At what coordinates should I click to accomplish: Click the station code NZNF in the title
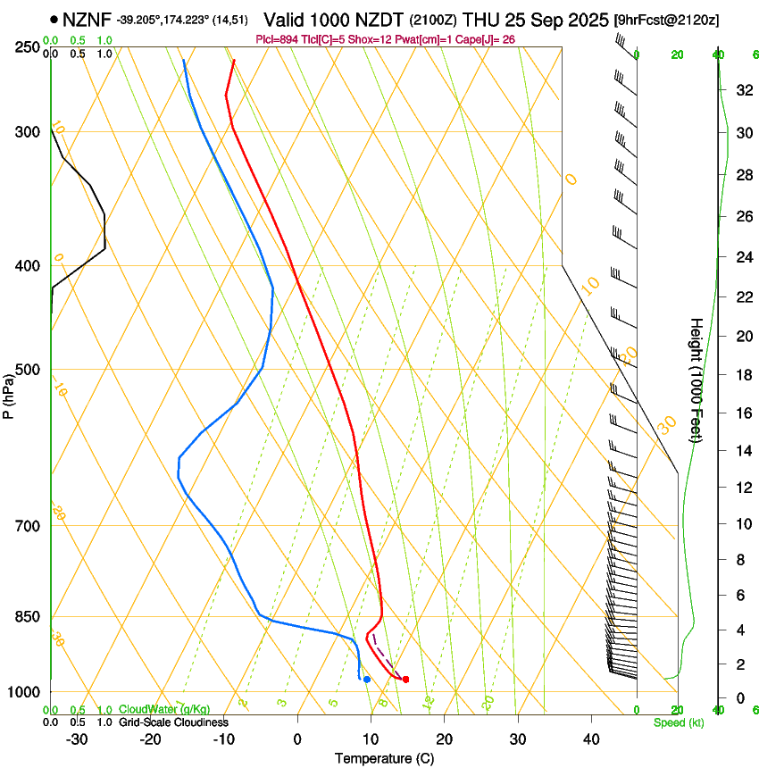87,19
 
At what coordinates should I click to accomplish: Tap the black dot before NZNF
54,19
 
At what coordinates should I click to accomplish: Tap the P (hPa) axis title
8,393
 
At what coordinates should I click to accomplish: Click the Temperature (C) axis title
384,758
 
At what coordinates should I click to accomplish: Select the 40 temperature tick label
591,739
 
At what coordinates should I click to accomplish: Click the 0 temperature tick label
297,739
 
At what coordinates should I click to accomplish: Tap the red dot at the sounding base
406,680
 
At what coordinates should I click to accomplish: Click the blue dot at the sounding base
367,680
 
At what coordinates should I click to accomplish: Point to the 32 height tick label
742,90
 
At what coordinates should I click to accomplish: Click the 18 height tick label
742,375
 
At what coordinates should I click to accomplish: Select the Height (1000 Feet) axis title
696,380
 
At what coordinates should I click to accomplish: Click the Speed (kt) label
678,722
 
